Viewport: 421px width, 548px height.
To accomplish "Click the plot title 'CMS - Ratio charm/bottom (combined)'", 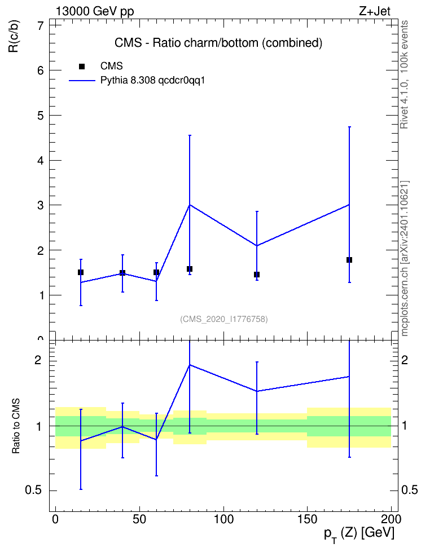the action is click(218, 43).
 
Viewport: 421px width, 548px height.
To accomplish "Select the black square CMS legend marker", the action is click(82, 67).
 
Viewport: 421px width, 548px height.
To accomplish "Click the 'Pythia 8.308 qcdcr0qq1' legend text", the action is click(152, 81).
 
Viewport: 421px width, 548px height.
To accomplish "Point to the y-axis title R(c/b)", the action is click(14, 36).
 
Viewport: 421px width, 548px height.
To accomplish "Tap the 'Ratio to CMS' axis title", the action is click(16, 426).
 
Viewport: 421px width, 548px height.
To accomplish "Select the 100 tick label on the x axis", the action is click(223, 519).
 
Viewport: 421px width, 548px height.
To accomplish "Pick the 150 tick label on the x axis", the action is click(307, 519).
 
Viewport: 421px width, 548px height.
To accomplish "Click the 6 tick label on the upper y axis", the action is click(41, 70).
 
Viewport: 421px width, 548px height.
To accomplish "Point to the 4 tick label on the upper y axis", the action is click(41, 161).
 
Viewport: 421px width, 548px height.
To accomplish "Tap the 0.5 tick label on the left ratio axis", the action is click(34, 490).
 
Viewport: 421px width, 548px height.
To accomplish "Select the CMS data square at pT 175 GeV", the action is click(349, 260).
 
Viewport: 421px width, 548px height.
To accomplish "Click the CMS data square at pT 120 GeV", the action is click(257, 275).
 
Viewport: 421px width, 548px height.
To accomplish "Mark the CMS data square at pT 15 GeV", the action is click(81, 272).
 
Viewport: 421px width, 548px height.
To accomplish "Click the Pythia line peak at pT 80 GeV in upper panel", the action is click(190, 205).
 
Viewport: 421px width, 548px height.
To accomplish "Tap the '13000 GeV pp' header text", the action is click(95, 11).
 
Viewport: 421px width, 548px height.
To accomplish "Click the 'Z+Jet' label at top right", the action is click(375, 11).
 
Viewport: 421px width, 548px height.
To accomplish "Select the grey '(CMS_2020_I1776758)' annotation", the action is click(224, 319).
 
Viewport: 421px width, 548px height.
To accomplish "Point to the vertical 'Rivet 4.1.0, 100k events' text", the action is click(404, 74).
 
